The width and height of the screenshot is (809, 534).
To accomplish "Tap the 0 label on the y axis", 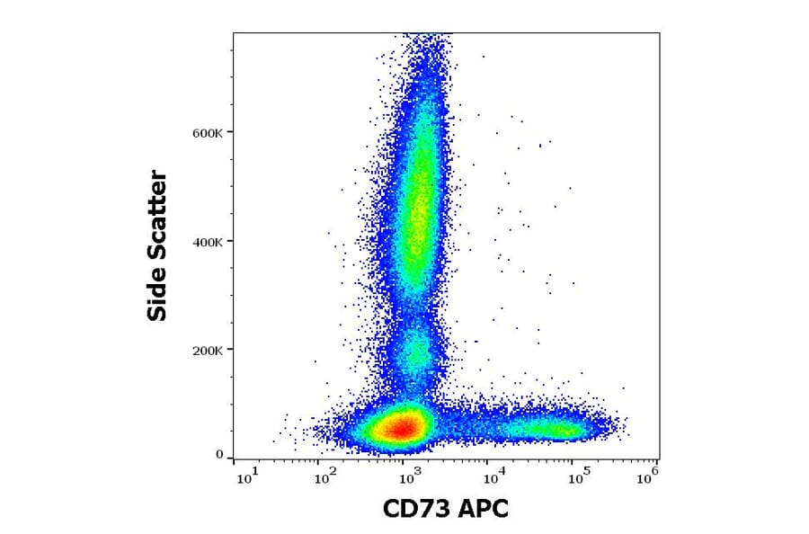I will point(219,455).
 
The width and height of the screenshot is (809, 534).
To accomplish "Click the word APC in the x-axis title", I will point(483,509).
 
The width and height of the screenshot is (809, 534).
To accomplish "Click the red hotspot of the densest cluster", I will point(401,428).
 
